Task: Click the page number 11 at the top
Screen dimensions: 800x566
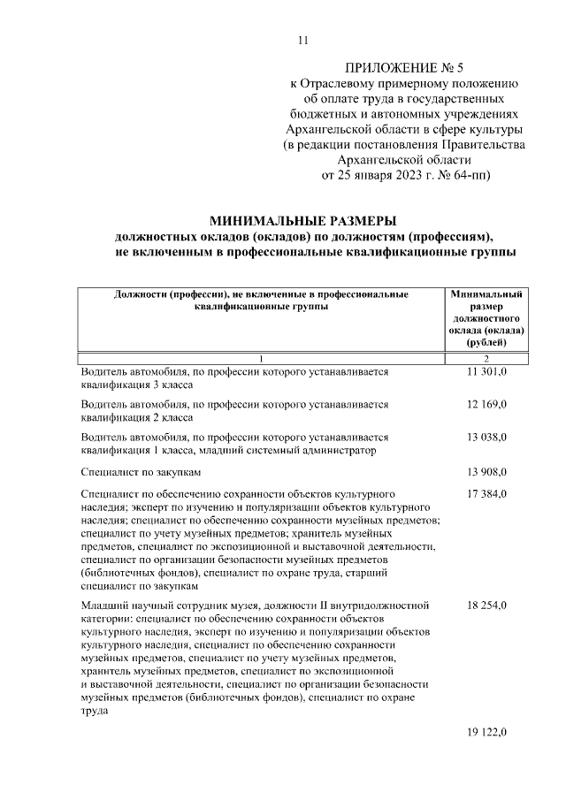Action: pos(303,40)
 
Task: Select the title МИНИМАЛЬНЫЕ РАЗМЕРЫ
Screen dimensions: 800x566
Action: pos(302,221)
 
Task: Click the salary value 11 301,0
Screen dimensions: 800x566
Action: pos(486,373)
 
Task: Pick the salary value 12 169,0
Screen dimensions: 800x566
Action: pos(486,405)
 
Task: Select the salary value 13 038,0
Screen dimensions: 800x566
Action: pos(486,437)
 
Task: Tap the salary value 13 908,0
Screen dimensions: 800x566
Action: pos(486,472)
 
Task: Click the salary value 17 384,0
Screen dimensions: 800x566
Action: pos(486,494)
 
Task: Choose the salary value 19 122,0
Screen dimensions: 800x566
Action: pos(486,733)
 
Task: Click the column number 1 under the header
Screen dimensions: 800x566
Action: pos(262,358)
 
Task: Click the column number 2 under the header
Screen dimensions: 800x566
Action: pos(486,358)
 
